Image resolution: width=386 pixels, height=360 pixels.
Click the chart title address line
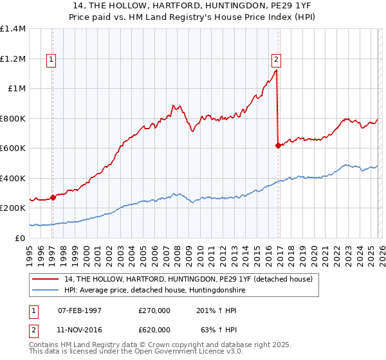click(x=193, y=6)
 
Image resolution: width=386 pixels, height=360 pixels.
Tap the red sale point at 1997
click(x=53, y=198)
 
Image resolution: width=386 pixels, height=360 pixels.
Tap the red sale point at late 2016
click(x=278, y=146)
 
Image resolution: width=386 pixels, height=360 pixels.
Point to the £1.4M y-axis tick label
click(x=13, y=29)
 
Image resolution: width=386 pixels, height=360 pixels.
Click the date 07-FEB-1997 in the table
click(x=80, y=310)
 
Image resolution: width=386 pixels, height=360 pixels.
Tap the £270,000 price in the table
click(x=154, y=310)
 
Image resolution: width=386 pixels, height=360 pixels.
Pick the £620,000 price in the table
click(x=154, y=329)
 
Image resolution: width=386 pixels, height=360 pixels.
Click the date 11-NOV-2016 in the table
click(x=80, y=329)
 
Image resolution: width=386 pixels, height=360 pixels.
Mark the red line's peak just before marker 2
click(x=276, y=71)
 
